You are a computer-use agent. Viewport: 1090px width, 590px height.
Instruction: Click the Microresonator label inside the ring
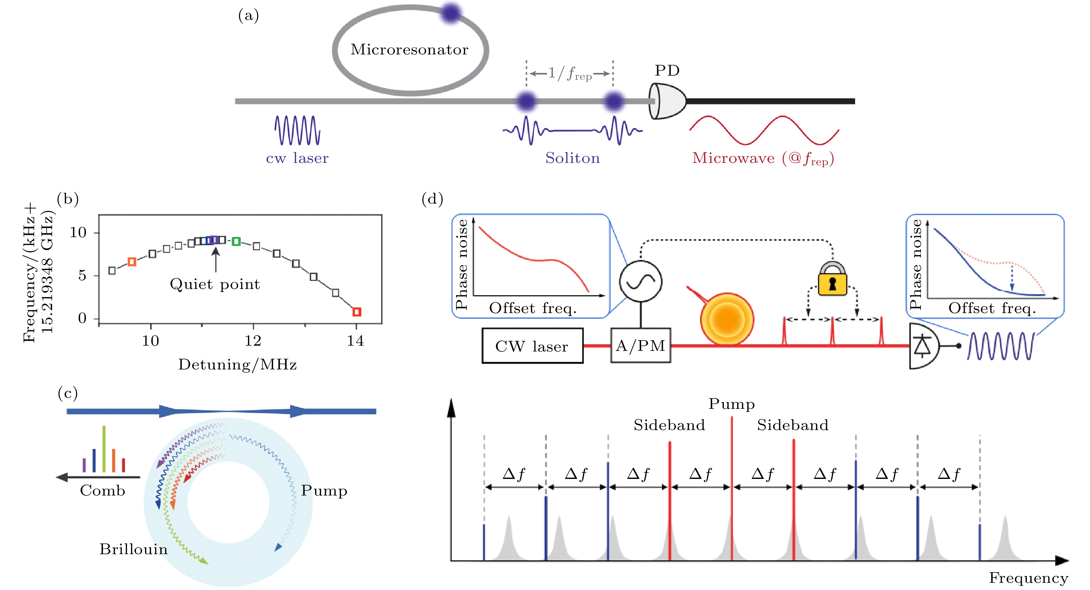pos(409,50)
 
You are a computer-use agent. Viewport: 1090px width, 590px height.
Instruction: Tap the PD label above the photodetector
pos(667,70)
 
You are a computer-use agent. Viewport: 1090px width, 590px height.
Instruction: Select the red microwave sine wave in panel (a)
pos(764,130)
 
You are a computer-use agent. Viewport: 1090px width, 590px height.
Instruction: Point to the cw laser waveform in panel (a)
pos(297,130)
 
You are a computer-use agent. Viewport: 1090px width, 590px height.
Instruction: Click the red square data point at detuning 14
pos(357,312)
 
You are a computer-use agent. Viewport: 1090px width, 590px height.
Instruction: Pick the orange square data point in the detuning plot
pos(132,262)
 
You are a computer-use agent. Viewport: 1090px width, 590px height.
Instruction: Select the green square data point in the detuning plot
pos(236,241)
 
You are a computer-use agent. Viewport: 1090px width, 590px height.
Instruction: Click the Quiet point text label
pos(215,284)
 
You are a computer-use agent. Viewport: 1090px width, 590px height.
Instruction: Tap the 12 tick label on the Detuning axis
pos(253,341)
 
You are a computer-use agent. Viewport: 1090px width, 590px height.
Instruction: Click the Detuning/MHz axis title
pos(237,365)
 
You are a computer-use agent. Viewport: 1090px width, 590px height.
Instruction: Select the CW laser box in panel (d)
pos(532,346)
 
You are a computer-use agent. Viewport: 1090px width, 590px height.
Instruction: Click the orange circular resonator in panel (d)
pos(726,319)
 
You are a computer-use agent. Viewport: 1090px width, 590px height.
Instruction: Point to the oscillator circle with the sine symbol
pos(641,281)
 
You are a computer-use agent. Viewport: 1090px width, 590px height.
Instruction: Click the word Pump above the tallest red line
pos(732,404)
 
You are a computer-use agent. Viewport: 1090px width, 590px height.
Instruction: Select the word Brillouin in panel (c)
pos(133,549)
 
